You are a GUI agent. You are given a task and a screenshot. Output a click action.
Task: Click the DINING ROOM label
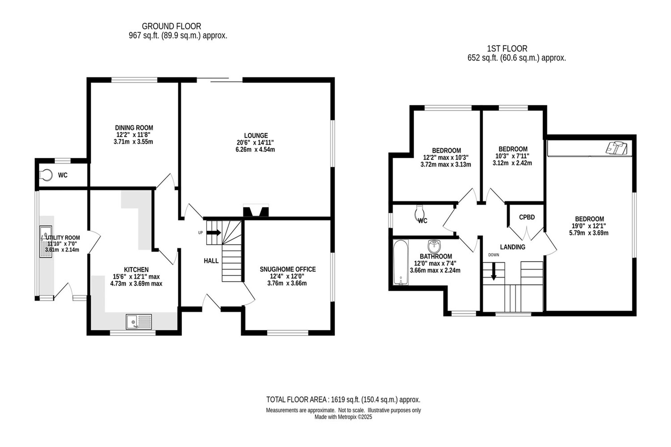(x=134, y=128)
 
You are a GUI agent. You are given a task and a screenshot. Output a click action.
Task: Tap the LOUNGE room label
(x=256, y=135)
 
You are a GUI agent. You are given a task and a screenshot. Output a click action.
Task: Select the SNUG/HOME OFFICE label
(x=288, y=269)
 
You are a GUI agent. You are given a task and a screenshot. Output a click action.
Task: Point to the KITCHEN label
(x=136, y=270)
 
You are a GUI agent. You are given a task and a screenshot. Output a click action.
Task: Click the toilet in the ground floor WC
(x=46, y=175)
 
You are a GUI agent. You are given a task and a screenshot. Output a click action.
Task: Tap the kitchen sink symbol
(x=139, y=322)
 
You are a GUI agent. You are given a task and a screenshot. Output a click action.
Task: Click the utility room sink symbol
(x=46, y=241)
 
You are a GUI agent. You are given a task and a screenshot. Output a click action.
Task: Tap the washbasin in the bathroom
(x=434, y=247)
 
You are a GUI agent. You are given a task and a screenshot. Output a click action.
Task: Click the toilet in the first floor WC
(x=420, y=212)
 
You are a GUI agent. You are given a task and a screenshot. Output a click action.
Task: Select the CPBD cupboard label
(x=527, y=217)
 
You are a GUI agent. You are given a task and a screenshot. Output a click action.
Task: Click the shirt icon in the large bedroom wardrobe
(x=617, y=148)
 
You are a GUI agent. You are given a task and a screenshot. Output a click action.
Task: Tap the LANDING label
(x=512, y=247)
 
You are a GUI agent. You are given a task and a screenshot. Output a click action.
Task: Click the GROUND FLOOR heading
(x=171, y=26)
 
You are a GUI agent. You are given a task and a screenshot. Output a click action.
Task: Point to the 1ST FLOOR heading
(x=507, y=49)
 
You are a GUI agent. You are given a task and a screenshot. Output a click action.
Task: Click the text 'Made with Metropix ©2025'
(x=343, y=417)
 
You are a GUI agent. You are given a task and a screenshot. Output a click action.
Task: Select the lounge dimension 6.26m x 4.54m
(x=255, y=150)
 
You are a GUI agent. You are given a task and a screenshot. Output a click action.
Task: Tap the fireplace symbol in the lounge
(x=256, y=211)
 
